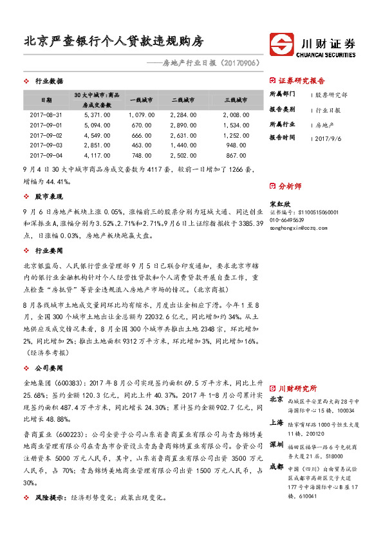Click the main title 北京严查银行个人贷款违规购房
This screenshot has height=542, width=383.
113,43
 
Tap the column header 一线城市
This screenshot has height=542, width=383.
141,100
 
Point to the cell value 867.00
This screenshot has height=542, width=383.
236,155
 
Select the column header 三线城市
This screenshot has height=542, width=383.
236,100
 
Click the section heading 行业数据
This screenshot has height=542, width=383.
49,81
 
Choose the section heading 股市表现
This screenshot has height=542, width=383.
49,196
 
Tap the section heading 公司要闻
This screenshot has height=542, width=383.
49,368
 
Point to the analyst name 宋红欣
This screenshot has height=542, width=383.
277,202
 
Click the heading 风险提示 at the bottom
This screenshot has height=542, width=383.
49,498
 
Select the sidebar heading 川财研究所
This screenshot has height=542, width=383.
297,389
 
